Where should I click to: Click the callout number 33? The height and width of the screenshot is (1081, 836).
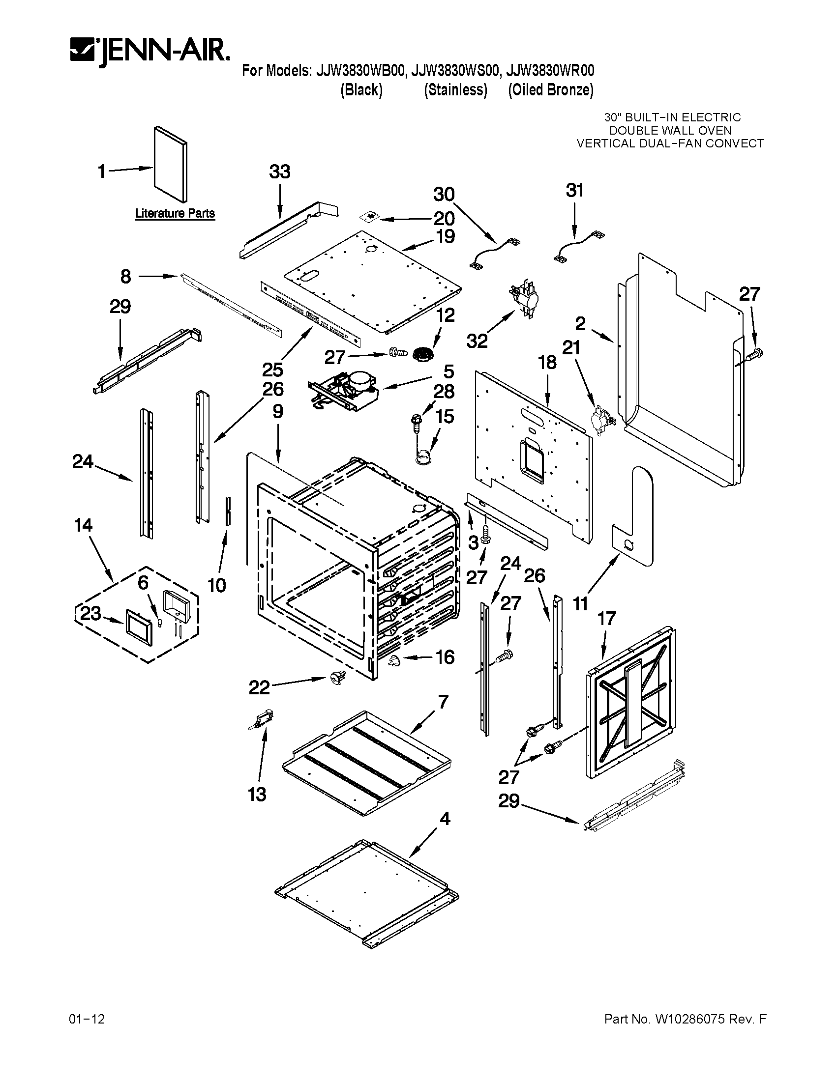[x=280, y=172]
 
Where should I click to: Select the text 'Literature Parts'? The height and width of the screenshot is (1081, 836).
[x=175, y=213]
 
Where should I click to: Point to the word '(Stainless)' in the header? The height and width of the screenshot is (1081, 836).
[x=455, y=90]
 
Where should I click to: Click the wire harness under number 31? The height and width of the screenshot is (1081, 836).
[x=578, y=249]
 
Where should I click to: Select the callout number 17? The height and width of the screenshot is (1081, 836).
[x=607, y=618]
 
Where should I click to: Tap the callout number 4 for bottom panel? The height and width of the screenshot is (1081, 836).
[x=445, y=819]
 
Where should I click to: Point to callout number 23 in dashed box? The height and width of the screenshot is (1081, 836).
[x=90, y=614]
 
